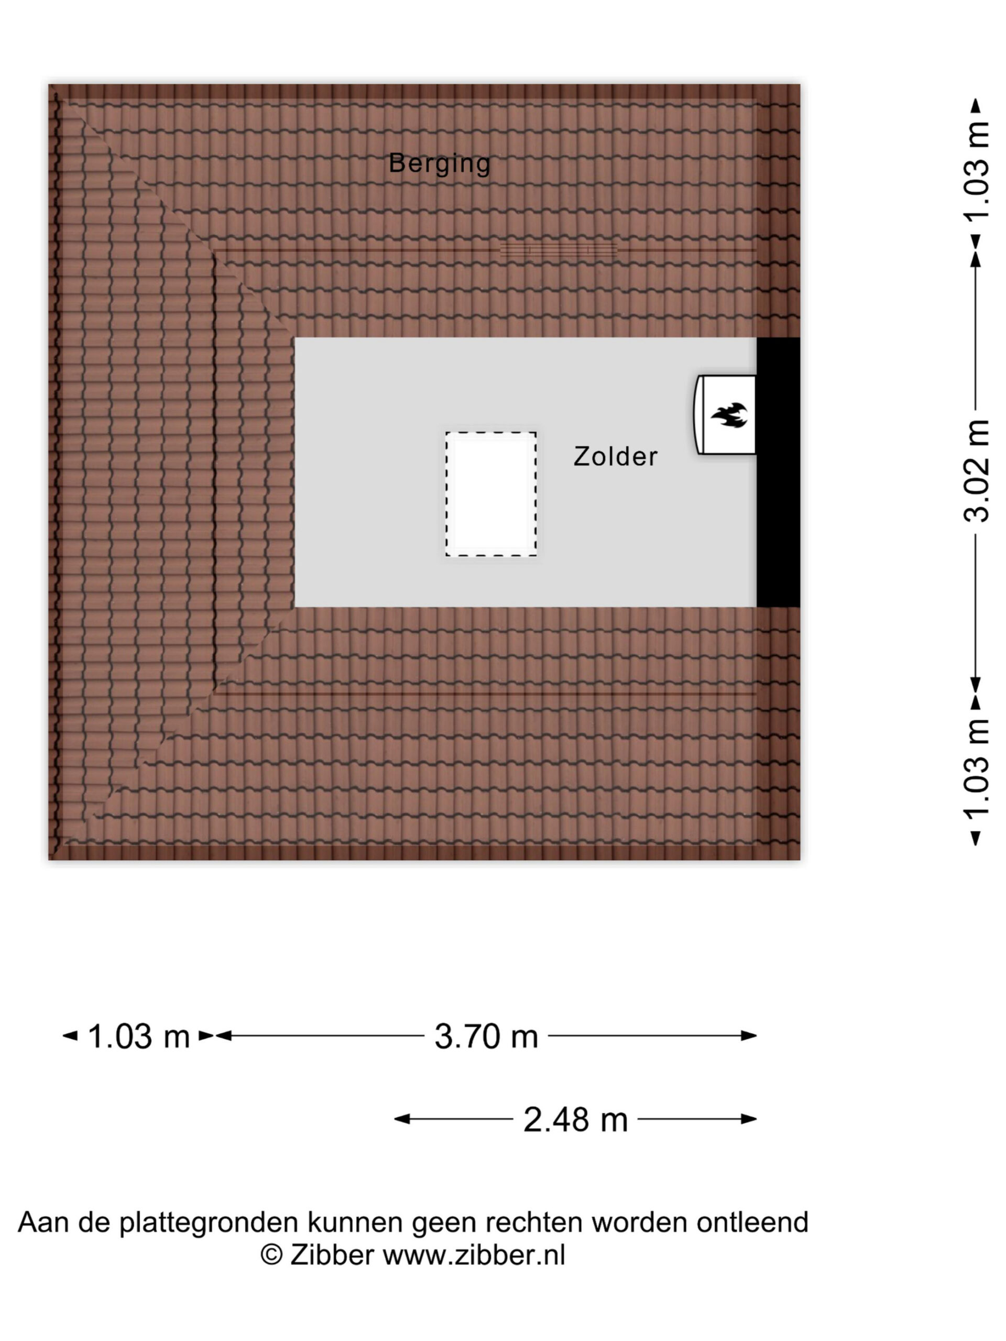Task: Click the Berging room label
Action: point(439,163)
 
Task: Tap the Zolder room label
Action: point(615,456)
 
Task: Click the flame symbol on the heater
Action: point(729,415)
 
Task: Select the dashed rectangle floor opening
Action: point(491,494)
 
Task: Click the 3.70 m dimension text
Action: point(486,1036)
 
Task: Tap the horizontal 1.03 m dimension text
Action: point(139,1036)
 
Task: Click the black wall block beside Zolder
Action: point(778,471)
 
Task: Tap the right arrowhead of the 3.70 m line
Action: point(749,1036)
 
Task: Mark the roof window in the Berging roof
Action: point(559,250)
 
